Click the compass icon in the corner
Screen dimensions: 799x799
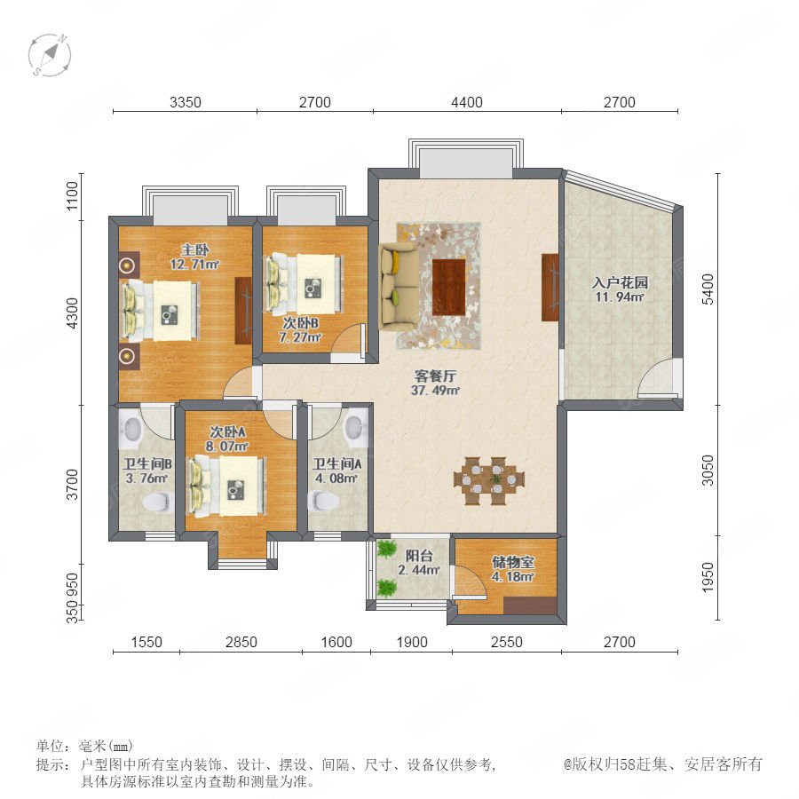coord(50,54)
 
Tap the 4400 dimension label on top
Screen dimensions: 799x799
coord(467,102)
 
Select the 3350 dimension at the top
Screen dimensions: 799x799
coord(185,102)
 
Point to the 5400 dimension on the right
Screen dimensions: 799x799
coord(708,289)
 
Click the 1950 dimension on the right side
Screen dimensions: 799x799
coord(708,577)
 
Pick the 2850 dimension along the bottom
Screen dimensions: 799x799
coord(241,642)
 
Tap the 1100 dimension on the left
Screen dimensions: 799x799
coord(73,195)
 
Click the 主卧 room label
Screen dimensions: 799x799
coord(194,250)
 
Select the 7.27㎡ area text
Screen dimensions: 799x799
coord(300,337)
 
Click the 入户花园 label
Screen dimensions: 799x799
coord(620,282)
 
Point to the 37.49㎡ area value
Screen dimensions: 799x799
coord(435,391)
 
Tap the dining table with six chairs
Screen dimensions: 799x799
coord(489,480)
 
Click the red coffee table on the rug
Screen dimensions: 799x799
coord(449,288)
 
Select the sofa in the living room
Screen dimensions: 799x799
coord(399,287)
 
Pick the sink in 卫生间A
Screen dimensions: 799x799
coord(355,427)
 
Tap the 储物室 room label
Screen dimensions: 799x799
coord(512,562)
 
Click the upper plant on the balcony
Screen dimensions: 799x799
coord(387,550)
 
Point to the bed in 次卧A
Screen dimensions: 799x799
coord(227,487)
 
